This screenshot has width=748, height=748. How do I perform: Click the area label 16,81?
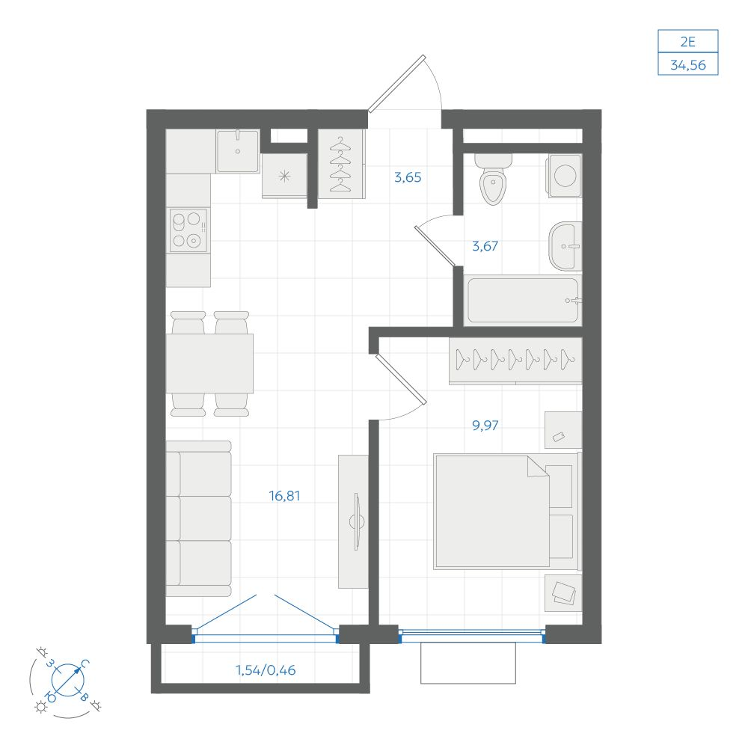(x=285, y=496)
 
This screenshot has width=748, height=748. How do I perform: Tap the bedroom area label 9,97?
(x=485, y=425)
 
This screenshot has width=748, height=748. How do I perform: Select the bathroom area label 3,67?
(x=485, y=246)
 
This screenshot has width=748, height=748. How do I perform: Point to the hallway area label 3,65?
(x=408, y=177)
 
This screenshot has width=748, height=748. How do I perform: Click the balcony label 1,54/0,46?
(x=266, y=670)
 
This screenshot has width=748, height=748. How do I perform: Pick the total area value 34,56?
(x=688, y=65)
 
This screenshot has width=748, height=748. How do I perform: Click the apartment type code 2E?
(x=688, y=42)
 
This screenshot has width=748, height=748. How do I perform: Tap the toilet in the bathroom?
(x=493, y=180)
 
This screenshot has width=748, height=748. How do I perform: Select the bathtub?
(x=523, y=301)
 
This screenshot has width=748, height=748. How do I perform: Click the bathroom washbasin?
(x=565, y=246)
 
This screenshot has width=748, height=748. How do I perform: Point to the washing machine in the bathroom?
(x=564, y=176)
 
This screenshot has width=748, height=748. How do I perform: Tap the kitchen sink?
(x=238, y=151)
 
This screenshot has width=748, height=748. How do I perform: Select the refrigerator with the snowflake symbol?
(x=284, y=175)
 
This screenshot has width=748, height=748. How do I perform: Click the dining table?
(x=209, y=364)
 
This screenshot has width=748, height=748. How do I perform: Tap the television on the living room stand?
(x=357, y=521)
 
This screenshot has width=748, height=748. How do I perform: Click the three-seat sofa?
(x=198, y=518)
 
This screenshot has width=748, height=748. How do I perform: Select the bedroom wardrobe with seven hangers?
(x=515, y=361)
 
